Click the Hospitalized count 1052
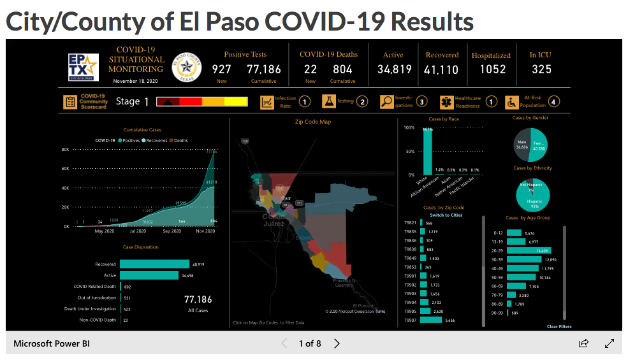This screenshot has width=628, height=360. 492,69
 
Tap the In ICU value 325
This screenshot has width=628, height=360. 541,69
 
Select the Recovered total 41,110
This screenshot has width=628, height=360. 441,69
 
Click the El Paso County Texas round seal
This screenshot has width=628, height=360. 187,66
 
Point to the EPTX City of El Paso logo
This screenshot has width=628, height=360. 83,66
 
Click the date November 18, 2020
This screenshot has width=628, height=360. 135,81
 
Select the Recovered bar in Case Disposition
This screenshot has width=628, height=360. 154,264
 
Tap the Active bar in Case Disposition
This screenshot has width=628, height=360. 149,275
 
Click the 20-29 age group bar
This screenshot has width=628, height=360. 529,251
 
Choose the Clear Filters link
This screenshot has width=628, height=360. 559,327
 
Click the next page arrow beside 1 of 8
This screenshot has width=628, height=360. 337,343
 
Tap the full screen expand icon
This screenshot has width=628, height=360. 609,343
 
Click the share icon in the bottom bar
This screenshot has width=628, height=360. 583,343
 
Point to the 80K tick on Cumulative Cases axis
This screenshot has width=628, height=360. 65,150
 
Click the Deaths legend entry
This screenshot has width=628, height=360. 179,140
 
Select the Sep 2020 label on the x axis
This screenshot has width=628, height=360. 172,231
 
